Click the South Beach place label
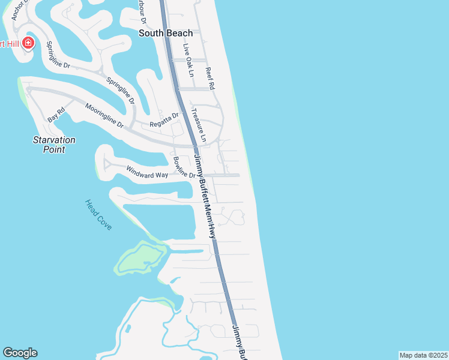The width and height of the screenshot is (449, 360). coord(166,34)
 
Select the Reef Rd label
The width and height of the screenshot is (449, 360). coord(210,77)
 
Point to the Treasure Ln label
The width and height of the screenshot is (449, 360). coord(198,125)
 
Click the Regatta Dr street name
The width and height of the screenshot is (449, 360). coord(164,119)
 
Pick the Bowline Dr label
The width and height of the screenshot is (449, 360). coord(184,167)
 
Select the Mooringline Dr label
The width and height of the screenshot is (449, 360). coord(104,116)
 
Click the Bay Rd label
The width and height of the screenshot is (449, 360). coord(56,115)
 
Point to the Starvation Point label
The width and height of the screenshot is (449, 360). coord(54,144)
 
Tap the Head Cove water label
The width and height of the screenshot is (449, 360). coord(98,215)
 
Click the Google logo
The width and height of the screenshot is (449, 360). coord(20,353)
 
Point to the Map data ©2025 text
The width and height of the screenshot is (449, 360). coord(423,355)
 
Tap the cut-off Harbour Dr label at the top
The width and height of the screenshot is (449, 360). coord(143,12)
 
